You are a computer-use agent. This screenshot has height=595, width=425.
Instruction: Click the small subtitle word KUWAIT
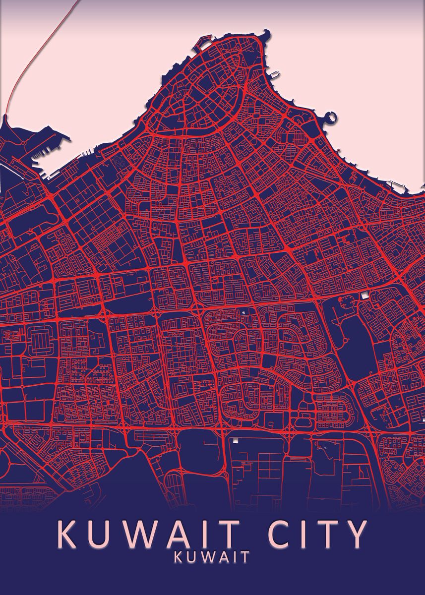pyautogui.click(x=212, y=557)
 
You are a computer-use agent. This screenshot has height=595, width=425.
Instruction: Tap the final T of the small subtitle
pyautogui.click(x=245, y=557)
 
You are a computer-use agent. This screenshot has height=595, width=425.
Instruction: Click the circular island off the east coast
pyautogui.click(x=331, y=118)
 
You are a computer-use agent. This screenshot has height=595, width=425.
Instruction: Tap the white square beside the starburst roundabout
pyautogui.click(x=366, y=296)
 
